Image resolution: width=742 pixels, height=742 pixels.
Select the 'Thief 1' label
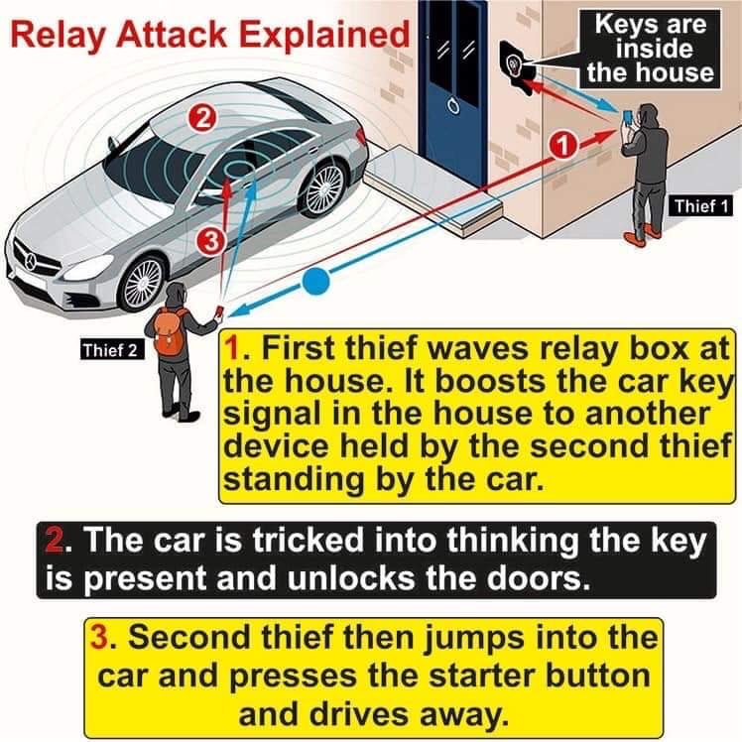[x=701, y=206]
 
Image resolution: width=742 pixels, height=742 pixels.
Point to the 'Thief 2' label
[x=112, y=349]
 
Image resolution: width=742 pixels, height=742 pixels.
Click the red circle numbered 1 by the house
[x=562, y=146]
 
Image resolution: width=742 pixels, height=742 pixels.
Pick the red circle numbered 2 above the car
[x=201, y=118]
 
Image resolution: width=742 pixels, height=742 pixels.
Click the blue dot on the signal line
[x=314, y=282]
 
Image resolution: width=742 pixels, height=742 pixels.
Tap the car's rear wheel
[x=323, y=187]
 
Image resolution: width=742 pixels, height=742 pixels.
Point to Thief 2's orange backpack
[x=171, y=332]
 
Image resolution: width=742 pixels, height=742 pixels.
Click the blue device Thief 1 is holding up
[x=626, y=119]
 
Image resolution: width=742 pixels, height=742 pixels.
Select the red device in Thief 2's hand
[x=217, y=313]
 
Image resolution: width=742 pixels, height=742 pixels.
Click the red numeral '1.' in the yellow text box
[x=234, y=352]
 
